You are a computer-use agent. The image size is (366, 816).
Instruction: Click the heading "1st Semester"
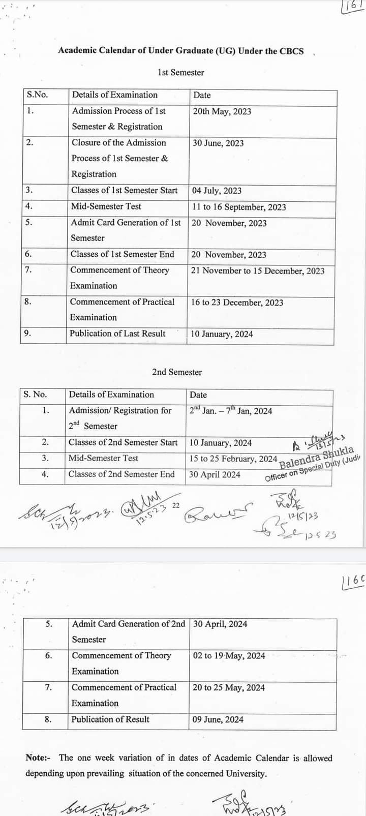181,73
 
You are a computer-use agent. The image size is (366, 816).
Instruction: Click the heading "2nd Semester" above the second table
177,372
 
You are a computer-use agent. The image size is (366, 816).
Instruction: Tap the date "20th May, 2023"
222,111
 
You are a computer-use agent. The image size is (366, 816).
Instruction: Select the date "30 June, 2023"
218,143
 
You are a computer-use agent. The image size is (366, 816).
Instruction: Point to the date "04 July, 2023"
217,191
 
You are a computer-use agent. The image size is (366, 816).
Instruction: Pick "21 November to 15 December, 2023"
257,271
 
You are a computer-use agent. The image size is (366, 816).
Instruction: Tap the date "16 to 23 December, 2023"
237,303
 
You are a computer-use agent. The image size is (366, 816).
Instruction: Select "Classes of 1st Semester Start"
124,191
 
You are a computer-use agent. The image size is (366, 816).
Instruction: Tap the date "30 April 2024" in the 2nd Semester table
215,475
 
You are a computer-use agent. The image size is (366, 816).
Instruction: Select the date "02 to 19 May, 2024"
229,656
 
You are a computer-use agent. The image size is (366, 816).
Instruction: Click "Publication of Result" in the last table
110,719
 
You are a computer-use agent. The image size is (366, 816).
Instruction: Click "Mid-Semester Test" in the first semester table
106,206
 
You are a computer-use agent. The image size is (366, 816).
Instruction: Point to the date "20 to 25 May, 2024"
229,688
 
